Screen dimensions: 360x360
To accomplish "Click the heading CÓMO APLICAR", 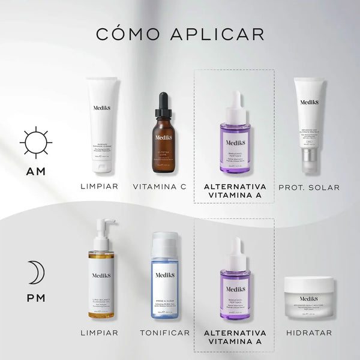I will click(180, 33).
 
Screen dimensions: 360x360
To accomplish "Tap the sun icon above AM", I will click(35, 143).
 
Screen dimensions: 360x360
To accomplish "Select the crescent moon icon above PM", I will click(35, 273).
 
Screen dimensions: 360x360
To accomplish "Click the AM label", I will click(35, 172).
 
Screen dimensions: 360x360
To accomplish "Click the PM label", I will click(35, 298).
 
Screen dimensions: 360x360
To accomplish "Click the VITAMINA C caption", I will click(160, 187).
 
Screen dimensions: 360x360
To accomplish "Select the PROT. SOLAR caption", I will click(309, 187).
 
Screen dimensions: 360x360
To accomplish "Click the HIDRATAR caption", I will click(308, 332).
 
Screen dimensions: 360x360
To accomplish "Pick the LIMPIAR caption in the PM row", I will click(99, 332).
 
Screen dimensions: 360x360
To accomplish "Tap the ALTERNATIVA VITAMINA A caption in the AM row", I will click(235, 192).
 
